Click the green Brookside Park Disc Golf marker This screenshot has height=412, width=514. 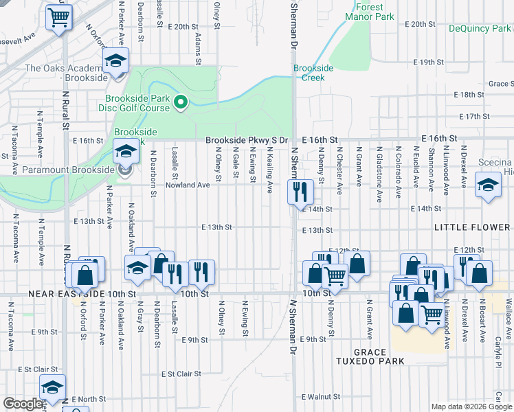coord(181,103)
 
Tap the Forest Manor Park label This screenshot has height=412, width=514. coord(365,11)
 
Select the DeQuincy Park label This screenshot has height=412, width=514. coord(480,28)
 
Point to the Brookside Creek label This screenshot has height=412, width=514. coord(313,73)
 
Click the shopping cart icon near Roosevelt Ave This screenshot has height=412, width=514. coord(59,18)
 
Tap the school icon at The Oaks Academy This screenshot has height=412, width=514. coord(117,62)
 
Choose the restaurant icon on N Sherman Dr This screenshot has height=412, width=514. coord(300,192)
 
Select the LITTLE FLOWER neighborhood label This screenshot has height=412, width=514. coord(471,227)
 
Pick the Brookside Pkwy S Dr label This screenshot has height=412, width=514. coord(251,139)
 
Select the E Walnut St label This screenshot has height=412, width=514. coord(321,397)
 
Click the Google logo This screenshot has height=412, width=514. coord(23,404)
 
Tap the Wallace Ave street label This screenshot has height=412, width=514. coord(508,308)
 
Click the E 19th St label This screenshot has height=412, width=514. coord(428,62)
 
